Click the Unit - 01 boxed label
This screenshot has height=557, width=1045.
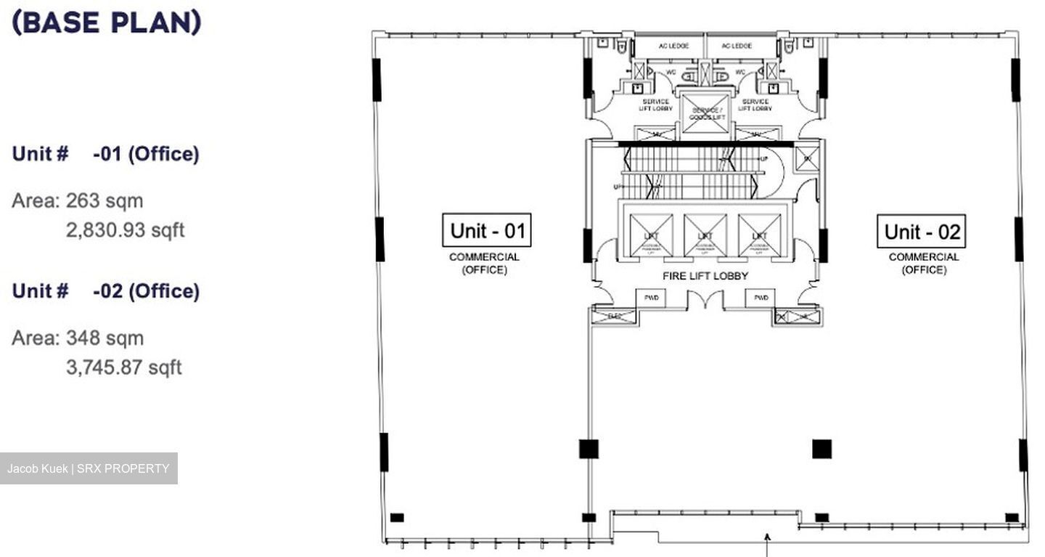click(x=487, y=230)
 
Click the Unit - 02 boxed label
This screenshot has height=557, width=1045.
click(x=921, y=232)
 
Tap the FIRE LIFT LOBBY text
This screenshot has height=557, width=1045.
click(x=705, y=276)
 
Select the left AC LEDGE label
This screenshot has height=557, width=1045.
click(x=668, y=46)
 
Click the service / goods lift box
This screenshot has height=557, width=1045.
click(x=705, y=113)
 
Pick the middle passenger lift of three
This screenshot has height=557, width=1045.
click(x=705, y=235)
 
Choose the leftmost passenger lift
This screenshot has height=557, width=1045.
click(x=650, y=235)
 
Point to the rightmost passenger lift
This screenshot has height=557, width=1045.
click(x=759, y=235)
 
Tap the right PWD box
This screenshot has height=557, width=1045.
click(x=761, y=298)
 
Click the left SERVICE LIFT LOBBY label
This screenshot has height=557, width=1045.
click(x=655, y=105)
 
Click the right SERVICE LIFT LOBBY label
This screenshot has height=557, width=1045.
click(x=755, y=105)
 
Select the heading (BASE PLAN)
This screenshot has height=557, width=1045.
click(x=106, y=23)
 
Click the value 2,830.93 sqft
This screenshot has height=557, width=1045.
click(x=125, y=230)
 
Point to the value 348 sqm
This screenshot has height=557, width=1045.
click(x=104, y=338)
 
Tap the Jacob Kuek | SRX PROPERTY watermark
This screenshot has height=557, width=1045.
click(x=88, y=468)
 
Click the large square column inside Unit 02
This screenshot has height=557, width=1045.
click(x=821, y=449)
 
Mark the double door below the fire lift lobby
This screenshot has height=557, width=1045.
click(x=705, y=298)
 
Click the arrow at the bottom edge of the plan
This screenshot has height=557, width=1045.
click(x=767, y=541)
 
